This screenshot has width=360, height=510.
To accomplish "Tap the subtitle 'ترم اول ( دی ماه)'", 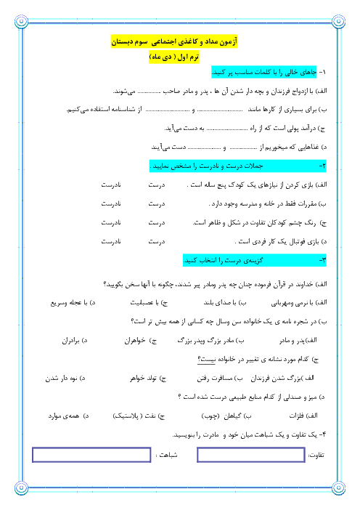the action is pos(174,57).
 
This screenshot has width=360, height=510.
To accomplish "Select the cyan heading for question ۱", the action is pos(263,72).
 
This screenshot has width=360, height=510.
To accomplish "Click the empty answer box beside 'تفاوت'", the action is pos(251,455).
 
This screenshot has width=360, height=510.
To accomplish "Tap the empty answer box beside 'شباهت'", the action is pos(91,455).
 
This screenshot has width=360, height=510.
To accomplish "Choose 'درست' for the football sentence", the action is pos(157,241).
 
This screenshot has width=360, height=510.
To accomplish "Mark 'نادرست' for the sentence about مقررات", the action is pos(111,203).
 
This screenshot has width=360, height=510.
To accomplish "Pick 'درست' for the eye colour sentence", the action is pos(157,222).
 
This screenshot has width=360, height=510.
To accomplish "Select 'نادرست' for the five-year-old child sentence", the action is pos(111,185).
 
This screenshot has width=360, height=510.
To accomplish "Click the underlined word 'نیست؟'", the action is pos(206,360).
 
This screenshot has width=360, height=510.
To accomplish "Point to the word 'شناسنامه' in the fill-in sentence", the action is pos(123,109).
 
